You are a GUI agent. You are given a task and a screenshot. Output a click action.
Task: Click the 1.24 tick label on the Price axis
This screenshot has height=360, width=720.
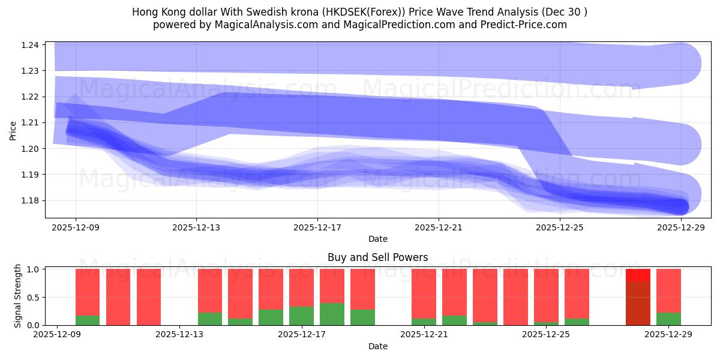pyautogui.click(x=30, y=45)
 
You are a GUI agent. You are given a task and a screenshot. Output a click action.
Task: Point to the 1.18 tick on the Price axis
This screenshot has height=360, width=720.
pyautogui.click(x=30, y=200)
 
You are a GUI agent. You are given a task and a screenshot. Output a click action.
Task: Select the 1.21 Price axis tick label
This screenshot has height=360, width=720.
pyautogui.click(x=30, y=122)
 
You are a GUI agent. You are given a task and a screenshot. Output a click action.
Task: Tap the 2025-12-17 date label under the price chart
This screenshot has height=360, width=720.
pyautogui.click(x=317, y=227)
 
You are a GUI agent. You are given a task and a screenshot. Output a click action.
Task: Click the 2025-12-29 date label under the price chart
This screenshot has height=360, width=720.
pyautogui.click(x=681, y=227)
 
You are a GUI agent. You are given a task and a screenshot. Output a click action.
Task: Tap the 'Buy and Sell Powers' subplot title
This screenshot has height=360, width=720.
pyautogui.click(x=377, y=257)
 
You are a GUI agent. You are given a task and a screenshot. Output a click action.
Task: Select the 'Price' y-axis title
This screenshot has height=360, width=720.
pyautogui.click(x=13, y=130)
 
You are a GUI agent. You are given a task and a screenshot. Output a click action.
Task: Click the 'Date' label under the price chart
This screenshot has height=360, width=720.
pyautogui.click(x=377, y=239)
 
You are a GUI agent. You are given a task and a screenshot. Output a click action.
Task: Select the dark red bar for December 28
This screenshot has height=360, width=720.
pyautogui.click(x=638, y=303)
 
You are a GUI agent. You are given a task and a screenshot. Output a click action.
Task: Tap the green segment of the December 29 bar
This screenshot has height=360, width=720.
pyautogui.click(x=668, y=319)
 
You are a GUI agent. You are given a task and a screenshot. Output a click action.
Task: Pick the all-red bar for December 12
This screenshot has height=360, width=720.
pyautogui.click(x=149, y=297)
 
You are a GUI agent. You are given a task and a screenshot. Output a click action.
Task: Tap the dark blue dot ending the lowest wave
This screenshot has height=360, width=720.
pyautogui.click(x=680, y=207)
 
